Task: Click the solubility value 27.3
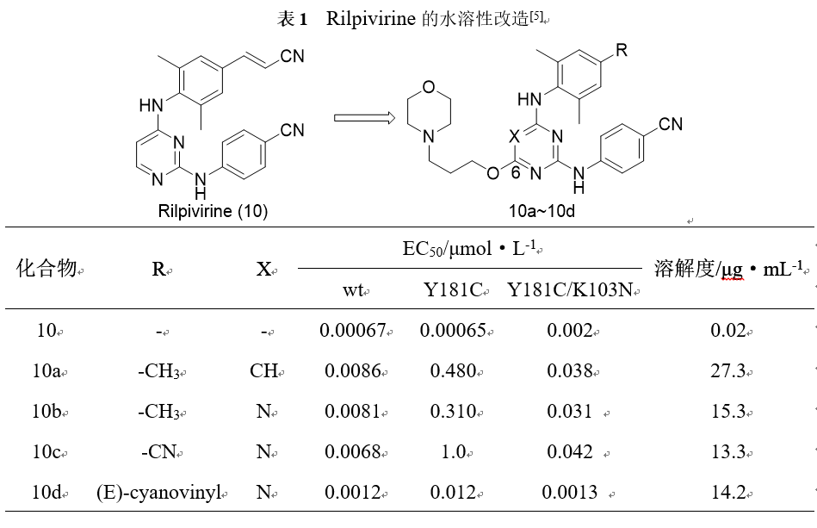728,371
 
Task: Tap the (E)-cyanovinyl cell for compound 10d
159,493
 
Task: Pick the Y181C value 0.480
455,371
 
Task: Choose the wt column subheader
352,290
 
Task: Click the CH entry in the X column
263,371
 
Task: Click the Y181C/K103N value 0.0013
569,493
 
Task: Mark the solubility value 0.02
728,330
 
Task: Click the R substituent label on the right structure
622,50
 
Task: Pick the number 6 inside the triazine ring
516,172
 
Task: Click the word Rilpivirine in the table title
371,20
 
